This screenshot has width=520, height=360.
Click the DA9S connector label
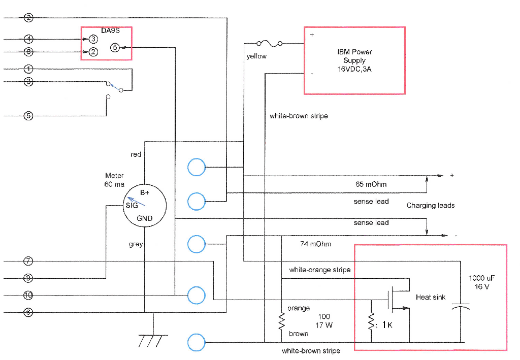(x=110, y=30)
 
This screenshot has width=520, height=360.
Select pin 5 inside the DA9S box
(x=115, y=48)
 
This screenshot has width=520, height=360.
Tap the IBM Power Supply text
(x=354, y=60)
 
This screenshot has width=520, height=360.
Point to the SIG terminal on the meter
(x=132, y=206)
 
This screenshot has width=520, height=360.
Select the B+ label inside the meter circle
(x=145, y=193)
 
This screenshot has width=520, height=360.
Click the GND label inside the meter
(x=144, y=218)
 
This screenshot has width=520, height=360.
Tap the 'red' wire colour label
(x=136, y=154)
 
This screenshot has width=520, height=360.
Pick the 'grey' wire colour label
(x=136, y=244)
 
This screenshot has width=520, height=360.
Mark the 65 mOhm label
(x=371, y=184)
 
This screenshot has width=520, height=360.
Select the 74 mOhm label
(x=315, y=244)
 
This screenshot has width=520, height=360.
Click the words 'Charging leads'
(x=430, y=206)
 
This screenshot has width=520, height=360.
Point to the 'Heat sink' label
(x=431, y=297)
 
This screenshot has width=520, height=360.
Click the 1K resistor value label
(x=386, y=325)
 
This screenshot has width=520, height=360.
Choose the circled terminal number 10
(x=28, y=295)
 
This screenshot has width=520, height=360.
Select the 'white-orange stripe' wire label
(x=319, y=270)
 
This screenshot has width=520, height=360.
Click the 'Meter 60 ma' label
(x=114, y=180)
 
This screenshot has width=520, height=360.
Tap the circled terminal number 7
(x=28, y=261)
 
